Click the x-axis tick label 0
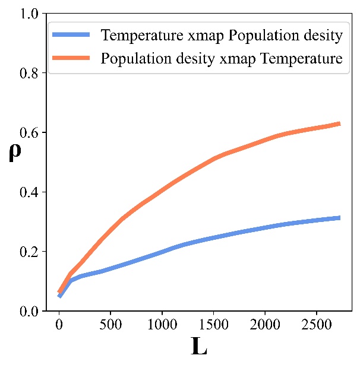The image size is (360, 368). [59, 324]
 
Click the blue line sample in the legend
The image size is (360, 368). [73, 36]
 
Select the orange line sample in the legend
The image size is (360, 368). [73, 59]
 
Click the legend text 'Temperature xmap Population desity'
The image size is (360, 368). [222, 36]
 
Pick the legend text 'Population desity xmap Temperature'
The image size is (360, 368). [222, 59]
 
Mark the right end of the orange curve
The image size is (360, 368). [340, 123]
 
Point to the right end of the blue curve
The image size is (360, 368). [340, 218]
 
